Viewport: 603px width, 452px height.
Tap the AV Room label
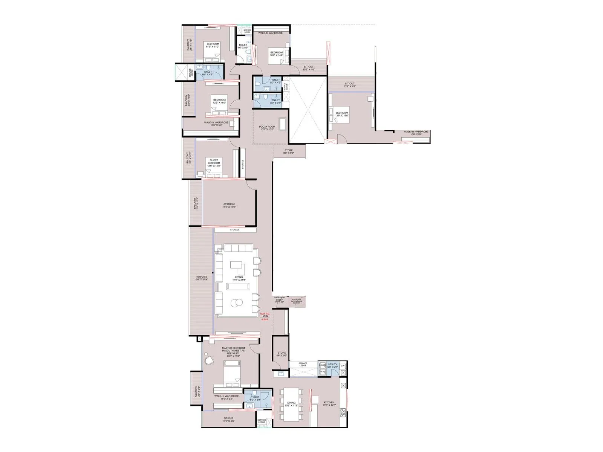[x=229, y=206]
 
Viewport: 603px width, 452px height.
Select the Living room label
[x=239, y=278]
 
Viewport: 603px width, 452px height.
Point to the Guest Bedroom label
[x=214, y=163]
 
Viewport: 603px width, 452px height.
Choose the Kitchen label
[x=329, y=404]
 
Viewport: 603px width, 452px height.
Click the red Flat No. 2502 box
[x=265, y=315]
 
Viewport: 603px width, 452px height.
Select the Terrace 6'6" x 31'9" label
[x=202, y=278]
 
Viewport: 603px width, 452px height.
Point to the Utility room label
[x=332, y=365]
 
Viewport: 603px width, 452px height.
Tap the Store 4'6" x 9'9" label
[x=282, y=354]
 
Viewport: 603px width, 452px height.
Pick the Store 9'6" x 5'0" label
[x=288, y=152]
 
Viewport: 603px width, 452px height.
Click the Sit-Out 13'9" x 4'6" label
[x=349, y=85]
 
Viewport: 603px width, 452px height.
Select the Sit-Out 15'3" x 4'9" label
[x=228, y=420]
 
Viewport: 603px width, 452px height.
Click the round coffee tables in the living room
[x=237, y=302]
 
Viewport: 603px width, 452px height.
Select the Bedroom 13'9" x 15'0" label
[x=342, y=114]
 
